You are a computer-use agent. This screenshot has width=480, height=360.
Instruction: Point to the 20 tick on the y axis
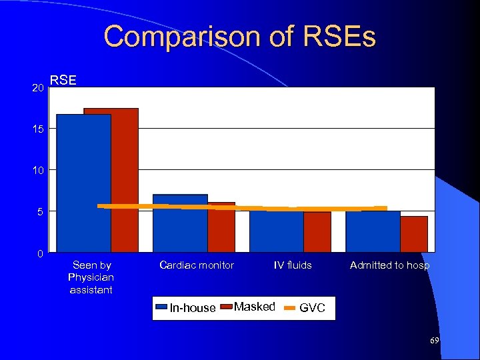pyautogui.click(x=37, y=88)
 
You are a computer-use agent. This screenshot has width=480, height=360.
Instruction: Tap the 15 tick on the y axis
pyautogui.click(x=37, y=129)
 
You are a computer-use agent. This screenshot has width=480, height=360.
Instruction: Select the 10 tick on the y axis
pyautogui.click(x=37, y=171)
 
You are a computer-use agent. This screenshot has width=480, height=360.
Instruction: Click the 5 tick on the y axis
pyautogui.click(x=40, y=212)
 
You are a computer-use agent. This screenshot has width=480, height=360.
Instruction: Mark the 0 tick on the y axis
pyautogui.click(x=40, y=254)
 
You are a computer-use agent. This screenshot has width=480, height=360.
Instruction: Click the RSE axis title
pyautogui.click(x=63, y=80)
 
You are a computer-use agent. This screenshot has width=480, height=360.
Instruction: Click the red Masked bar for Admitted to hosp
pyautogui.click(x=414, y=234)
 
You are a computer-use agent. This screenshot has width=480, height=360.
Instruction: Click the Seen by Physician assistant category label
pyautogui.click(x=91, y=277)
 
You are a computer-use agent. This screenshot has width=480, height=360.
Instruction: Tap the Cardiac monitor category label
pyautogui.click(x=197, y=265)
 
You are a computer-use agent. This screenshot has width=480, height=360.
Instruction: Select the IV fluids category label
pyautogui.click(x=293, y=265)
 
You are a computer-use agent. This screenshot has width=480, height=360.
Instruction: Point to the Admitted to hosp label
pyautogui.click(x=390, y=265)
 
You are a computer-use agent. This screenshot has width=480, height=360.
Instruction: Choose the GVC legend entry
pyautogui.click(x=305, y=307)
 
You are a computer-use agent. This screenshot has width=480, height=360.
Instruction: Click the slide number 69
pyautogui.click(x=434, y=341)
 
